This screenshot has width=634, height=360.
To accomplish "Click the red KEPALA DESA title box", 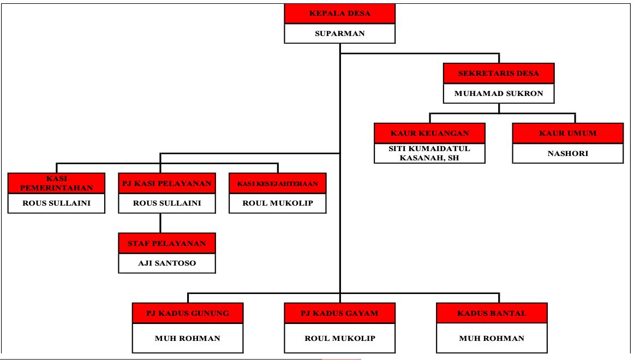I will [x=339, y=13].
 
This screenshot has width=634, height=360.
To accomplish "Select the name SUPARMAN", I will [x=339, y=33].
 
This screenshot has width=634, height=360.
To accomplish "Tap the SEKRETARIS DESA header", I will [x=499, y=73].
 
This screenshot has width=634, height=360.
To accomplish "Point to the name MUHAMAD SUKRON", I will [x=499, y=93].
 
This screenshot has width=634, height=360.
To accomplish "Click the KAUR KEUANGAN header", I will [x=430, y=133].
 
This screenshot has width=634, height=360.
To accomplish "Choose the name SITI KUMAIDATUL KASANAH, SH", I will [x=430, y=153].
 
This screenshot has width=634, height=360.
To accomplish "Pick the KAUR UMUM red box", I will [x=567, y=133].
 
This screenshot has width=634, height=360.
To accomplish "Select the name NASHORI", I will [x=567, y=153].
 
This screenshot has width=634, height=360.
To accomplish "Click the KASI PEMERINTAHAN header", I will [x=57, y=183].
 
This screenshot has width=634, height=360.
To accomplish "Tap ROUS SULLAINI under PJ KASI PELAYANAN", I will [x=160, y=203].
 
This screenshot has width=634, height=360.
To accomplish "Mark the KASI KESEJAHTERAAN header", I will [x=278, y=183].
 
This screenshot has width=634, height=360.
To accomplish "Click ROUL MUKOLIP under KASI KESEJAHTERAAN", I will [x=278, y=203].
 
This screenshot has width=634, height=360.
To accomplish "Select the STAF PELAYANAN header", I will [x=166, y=243].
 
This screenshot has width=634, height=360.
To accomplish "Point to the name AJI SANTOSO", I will [x=166, y=263].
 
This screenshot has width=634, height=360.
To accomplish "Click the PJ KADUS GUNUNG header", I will [x=187, y=313].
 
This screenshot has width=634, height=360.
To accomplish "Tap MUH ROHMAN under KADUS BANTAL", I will [x=492, y=338].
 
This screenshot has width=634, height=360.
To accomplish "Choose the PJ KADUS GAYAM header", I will [x=339, y=313].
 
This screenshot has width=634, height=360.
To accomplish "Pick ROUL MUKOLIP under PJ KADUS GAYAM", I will [x=339, y=338].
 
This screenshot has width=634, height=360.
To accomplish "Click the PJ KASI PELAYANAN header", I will [x=160, y=183].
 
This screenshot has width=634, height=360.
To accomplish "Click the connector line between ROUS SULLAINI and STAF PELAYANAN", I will [x=160, y=223].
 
